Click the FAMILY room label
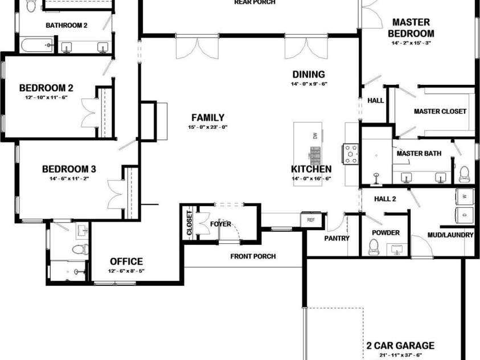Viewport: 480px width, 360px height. point(208,117)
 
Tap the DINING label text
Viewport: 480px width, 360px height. point(309,74)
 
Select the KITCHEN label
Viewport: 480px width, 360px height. point(311,169)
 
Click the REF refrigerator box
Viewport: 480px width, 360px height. point(310,219)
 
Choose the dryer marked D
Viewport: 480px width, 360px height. point(465,214)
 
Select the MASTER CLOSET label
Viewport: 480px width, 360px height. point(440,112)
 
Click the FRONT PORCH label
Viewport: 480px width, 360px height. point(253,256)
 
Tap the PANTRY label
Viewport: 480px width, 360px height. point(337,238)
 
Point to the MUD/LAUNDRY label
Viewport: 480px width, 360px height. point(450,235)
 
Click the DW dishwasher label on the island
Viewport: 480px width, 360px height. point(314,136)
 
